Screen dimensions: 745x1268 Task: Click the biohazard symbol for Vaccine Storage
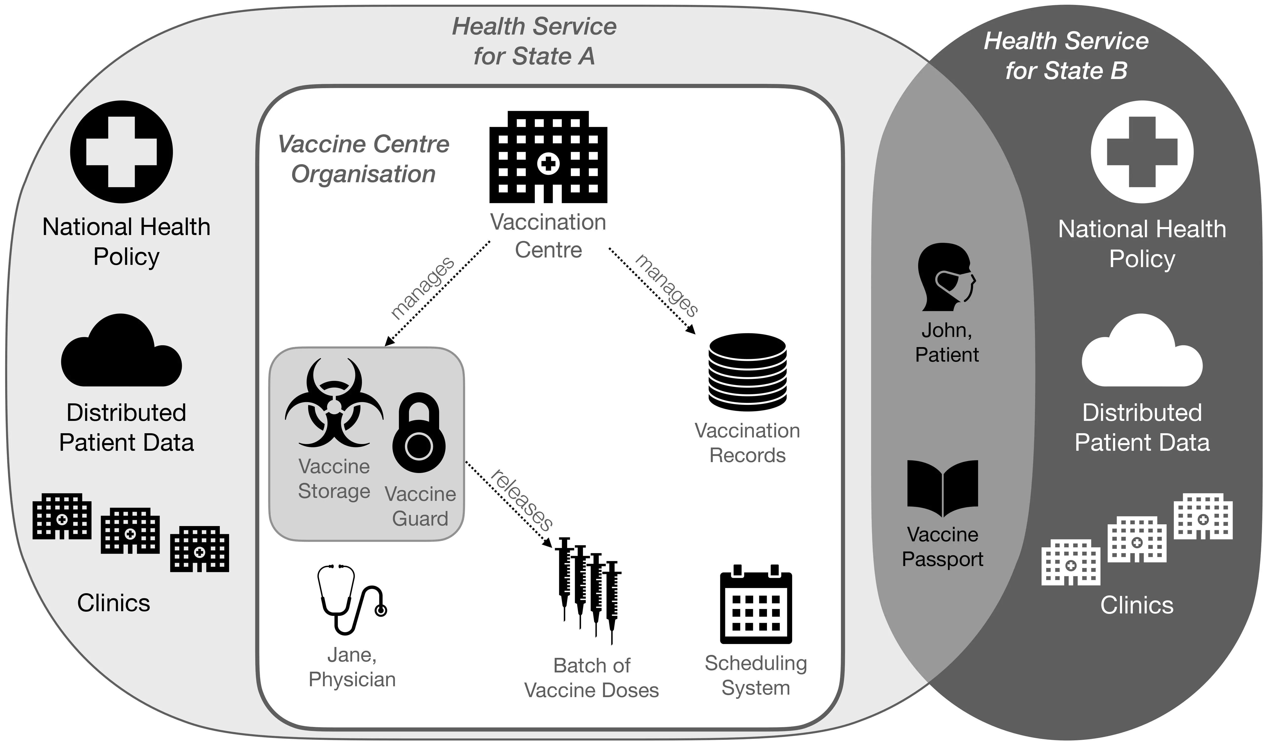pos(334,403)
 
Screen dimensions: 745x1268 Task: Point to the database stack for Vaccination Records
pos(747,372)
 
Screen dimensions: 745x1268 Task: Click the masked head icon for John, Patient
pos(946,277)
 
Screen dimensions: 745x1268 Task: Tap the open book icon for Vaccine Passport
pos(942,488)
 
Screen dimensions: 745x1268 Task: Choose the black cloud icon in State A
pos(121,352)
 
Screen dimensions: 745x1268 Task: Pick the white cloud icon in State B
pos(1142,352)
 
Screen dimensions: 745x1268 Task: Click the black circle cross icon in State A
pos(121,152)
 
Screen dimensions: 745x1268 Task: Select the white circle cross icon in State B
pos(1142,152)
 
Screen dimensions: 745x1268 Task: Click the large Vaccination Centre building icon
pos(548,157)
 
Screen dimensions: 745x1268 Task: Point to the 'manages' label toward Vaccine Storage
pos(423,288)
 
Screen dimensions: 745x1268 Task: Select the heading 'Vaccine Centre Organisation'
pos(363,159)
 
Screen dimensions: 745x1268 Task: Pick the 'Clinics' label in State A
pos(114,603)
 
